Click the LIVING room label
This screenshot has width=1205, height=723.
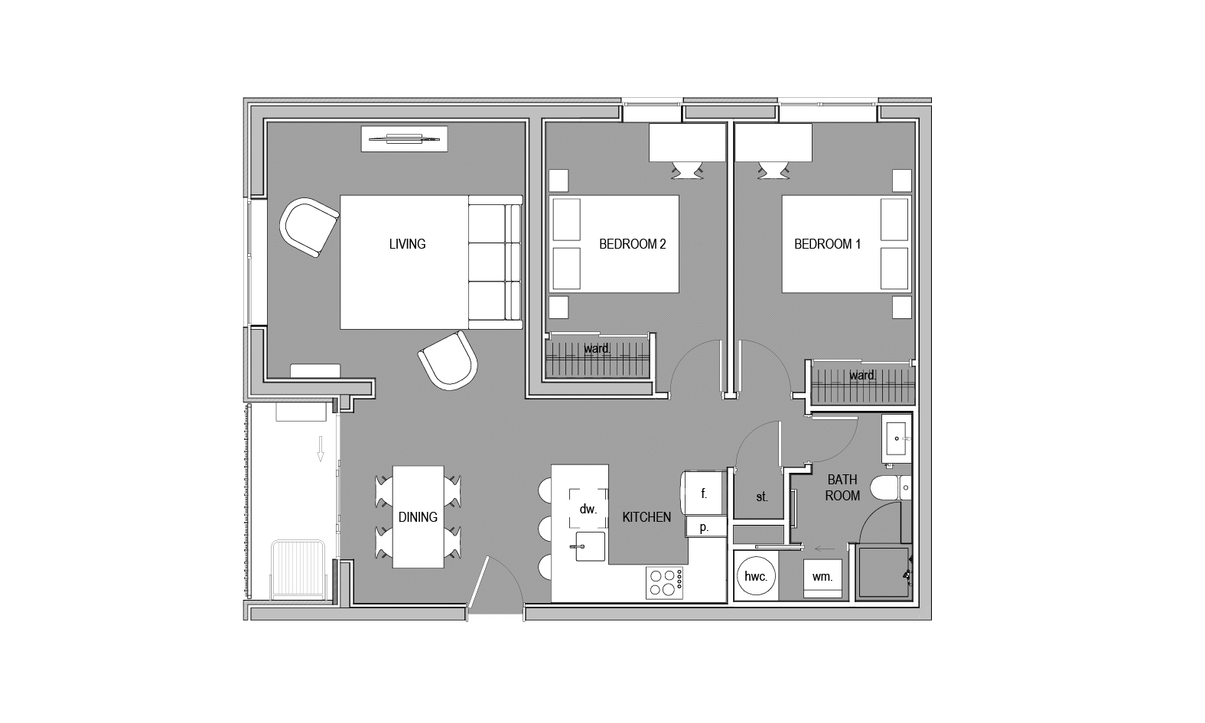(x=407, y=244)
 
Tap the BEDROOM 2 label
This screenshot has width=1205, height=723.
(x=633, y=244)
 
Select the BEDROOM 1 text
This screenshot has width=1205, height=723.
(x=827, y=244)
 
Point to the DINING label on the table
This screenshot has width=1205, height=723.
(x=418, y=517)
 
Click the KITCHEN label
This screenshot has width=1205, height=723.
(x=646, y=517)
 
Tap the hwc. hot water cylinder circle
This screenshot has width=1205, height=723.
(x=756, y=576)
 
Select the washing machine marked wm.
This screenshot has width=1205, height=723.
(x=822, y=579)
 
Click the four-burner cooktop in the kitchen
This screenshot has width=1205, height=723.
(x=664, y=583)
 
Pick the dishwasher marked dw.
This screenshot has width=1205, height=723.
(x=588, y=508)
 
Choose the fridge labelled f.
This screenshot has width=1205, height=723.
(x=705, y=493)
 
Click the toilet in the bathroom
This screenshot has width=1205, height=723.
(x=891, y=487)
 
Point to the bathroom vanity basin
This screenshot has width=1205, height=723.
(x=897, y=438)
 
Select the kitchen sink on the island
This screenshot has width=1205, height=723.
(x=590, y=546)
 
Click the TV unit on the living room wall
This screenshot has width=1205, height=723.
(x=404, y=138)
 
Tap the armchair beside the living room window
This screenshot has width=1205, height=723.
(x=309, y=227)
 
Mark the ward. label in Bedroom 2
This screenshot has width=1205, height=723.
(x=597, y=349)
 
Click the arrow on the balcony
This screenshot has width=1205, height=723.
(x=321, y=449)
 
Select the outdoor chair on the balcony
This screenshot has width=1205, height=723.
(x=298, y=570)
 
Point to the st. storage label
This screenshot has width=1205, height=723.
(x=762, y=497)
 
